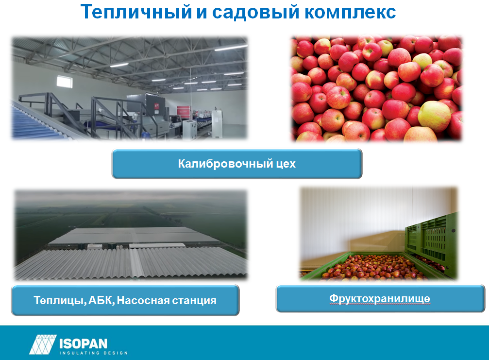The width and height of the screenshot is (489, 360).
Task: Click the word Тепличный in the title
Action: (136, 13)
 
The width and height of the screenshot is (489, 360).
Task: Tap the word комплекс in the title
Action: (350, 13)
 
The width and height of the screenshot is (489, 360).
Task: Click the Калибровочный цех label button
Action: (237, 163)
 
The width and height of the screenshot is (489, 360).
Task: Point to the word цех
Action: (286, 164)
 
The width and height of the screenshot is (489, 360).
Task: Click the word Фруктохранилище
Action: (380, 299)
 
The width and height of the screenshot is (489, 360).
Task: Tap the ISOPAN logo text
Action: (83, 343)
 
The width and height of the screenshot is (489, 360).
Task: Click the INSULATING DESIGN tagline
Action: (94, 353)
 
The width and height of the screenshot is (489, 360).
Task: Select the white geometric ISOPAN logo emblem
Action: (43, 344)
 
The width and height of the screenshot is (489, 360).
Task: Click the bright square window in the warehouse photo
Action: (65, 82)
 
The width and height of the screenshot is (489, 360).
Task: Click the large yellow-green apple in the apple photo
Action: (434, 116)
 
